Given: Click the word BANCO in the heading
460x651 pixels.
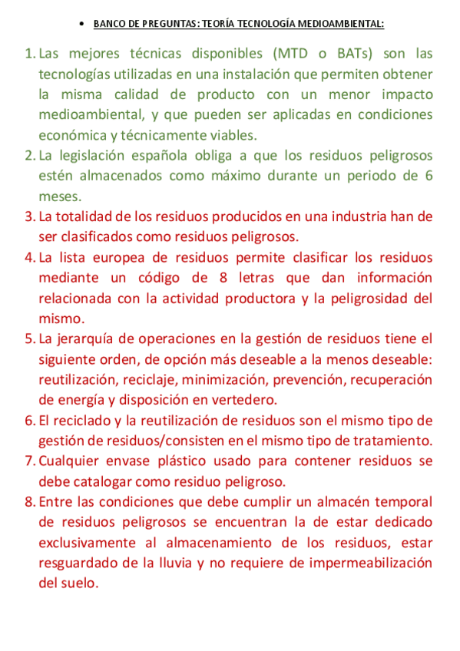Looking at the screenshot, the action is pos(107,24).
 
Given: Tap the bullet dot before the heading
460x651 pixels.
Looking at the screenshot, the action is pos(82,24).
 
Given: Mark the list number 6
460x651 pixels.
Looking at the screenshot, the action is pos(29,421).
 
